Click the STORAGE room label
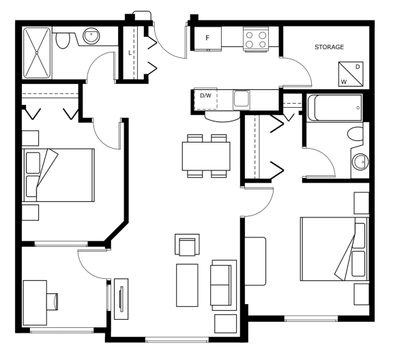tap(329, 47)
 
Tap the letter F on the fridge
tap(207, 38)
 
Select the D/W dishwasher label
tap(205, 95)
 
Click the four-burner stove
tap(256, 40)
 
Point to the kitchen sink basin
tap(242, 99)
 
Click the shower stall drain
tap(37, 53)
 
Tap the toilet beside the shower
tap(62, 40)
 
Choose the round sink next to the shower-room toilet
tap(91, 36)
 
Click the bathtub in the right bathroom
tap(334, 108)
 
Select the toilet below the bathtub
tap(355, 134)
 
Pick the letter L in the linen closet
tap(130, 53)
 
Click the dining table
tap(206, 156)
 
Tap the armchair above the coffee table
tap(187, 245)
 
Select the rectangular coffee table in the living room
tap(187, 285)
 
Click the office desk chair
tap(53, 301)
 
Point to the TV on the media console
tap(122, 299)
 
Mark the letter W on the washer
tap(344, 82)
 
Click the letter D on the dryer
tap(358, 67)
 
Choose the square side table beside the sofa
tap(225, 324)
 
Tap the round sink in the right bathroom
tap(360, 162)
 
